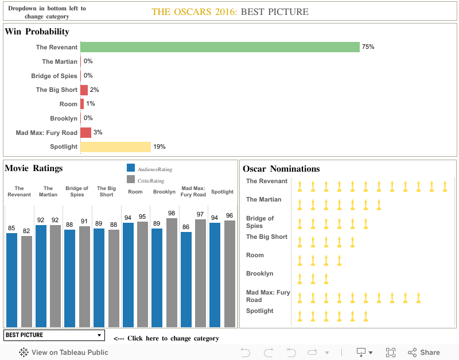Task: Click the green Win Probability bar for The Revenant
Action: [220, 47]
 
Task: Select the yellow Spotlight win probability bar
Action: [115, 147]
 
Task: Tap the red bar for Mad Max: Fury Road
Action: [85, 133]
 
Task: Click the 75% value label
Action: [368, 47]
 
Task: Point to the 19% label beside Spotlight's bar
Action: [159, 147]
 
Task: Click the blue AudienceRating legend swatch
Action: [131, 168]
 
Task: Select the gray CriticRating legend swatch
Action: [131, 180]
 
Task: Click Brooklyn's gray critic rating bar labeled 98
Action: [172, 272]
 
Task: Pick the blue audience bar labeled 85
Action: [11, 280]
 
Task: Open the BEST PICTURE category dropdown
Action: [54, 335]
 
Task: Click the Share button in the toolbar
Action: [424, 353]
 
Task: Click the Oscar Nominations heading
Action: [281, 169]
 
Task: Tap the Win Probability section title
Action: [37, 32]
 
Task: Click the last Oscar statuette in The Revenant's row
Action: [445, 186]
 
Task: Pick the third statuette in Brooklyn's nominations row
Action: [326, 279]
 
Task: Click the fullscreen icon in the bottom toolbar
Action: [391, 353]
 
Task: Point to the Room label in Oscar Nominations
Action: [255, 256]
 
